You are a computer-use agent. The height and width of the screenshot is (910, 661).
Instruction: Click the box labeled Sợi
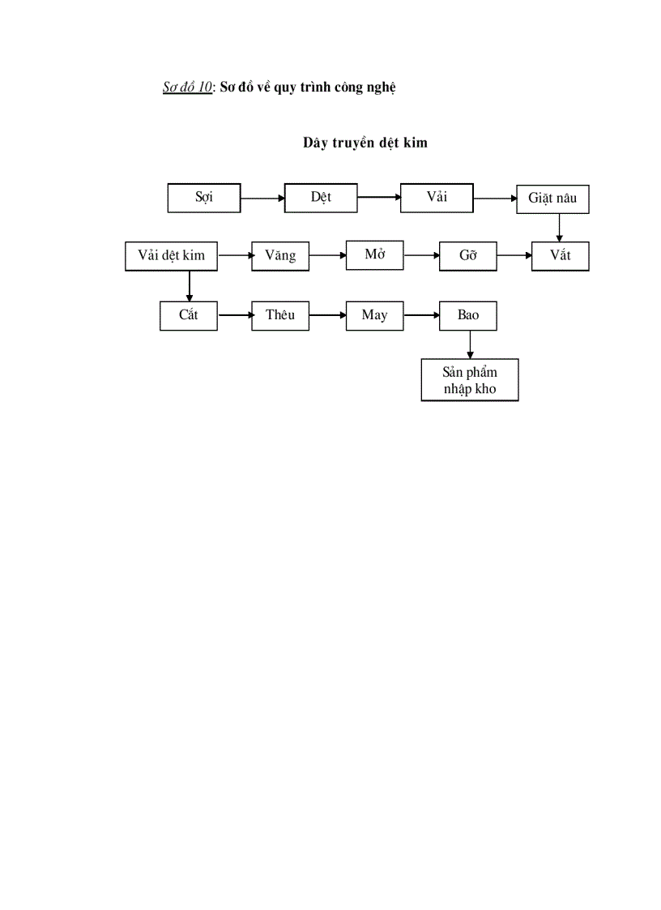click(204, 198)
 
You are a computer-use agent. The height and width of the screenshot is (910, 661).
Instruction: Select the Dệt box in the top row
click(321, 198)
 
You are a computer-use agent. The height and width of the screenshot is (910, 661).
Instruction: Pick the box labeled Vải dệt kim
click(172, 256)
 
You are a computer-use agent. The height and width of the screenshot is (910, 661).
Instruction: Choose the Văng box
click(280, 256)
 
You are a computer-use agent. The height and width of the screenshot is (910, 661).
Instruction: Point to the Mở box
click(374, 255)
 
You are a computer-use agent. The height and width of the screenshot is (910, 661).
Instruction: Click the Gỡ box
click(467, 256)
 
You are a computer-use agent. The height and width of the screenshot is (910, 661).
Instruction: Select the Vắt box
click(561, 256)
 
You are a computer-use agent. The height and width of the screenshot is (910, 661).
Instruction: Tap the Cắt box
click(189, 315)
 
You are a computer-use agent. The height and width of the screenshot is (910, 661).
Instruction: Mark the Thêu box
click(280, 315)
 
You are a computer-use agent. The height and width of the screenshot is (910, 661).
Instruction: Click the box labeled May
click(374, 315)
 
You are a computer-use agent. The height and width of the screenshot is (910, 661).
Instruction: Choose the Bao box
click(467, 315)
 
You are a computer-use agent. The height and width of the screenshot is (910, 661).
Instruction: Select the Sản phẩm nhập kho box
click(470, 381)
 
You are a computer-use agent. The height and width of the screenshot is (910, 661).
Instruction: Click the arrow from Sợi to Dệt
click(262, 198)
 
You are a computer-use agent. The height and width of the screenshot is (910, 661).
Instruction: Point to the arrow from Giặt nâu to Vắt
click(559, 228)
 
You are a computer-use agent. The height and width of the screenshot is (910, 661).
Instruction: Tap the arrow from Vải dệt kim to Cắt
click(190, 285)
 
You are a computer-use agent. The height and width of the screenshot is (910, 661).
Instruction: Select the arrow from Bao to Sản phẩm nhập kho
click(470, 344)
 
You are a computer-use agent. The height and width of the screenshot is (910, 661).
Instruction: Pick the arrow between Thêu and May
click(328, 315)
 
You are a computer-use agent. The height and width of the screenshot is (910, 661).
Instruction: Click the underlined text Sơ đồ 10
click(187, 88)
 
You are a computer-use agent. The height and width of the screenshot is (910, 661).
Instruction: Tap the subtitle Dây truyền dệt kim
click(365, 143)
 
